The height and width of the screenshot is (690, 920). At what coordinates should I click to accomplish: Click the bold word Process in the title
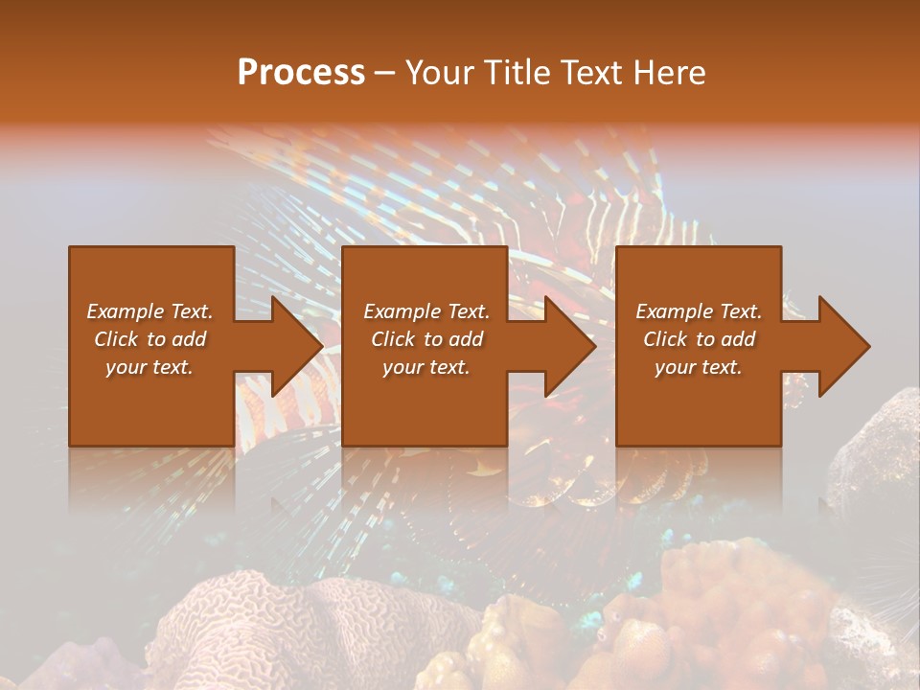301,73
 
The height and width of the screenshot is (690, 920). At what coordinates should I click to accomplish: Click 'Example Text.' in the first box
149,311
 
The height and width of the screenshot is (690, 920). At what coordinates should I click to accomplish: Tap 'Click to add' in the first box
149,339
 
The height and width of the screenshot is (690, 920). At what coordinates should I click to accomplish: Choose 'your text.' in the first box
149,367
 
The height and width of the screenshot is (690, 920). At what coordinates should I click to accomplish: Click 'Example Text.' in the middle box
426,311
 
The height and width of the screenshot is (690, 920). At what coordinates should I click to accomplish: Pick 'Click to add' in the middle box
426,339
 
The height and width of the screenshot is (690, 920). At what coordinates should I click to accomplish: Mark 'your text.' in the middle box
426,367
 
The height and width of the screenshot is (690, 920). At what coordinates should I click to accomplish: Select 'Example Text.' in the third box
699,311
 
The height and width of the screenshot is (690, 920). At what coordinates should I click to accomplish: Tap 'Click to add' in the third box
699,339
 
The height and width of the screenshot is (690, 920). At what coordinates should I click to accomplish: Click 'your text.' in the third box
699,367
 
